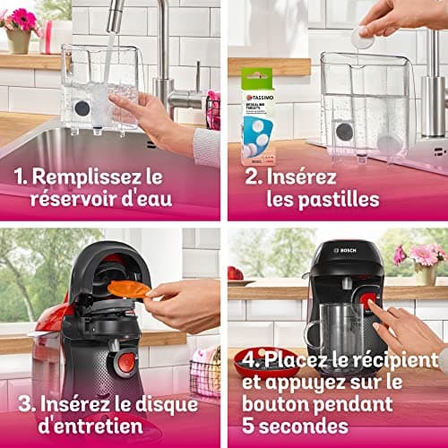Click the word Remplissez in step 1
click(86, 177)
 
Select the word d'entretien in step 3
click(90, 426)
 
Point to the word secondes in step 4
click(304, 426)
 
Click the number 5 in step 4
click(248, 426)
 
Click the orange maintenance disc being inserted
click(129, 289)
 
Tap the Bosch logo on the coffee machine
click(345, 250)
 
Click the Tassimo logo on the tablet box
click(259, 98)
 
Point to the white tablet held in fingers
click(362, 38)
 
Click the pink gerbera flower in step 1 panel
click(23, 19)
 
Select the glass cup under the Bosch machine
click(336, 330)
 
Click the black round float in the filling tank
click(82, 108)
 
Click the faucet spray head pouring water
click(115, 16)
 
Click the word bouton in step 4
click(276, 404)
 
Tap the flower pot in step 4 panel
click(426, 274)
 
